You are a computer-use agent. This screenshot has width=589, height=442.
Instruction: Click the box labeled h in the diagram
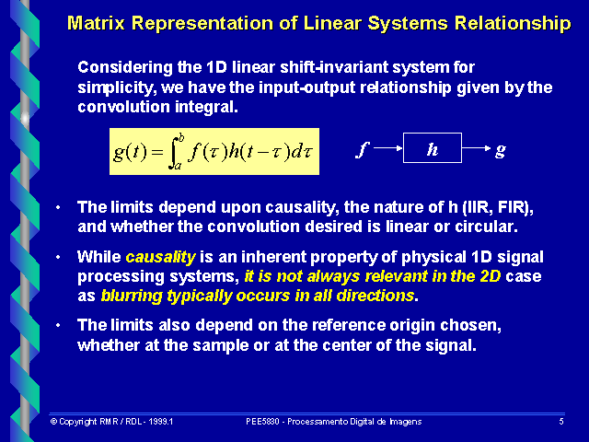click(x=432, y=149)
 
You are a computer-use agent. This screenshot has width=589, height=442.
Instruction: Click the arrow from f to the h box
click(x=387, y=149)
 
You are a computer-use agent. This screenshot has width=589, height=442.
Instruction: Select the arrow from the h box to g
click(x=476, y=149)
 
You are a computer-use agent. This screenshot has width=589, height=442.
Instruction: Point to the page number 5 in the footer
click(x=560, y=421)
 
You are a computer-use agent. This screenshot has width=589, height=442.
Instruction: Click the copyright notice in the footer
click(x=111, y=421)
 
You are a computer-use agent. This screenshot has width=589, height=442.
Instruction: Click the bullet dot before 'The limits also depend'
click(x=60, y=325)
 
